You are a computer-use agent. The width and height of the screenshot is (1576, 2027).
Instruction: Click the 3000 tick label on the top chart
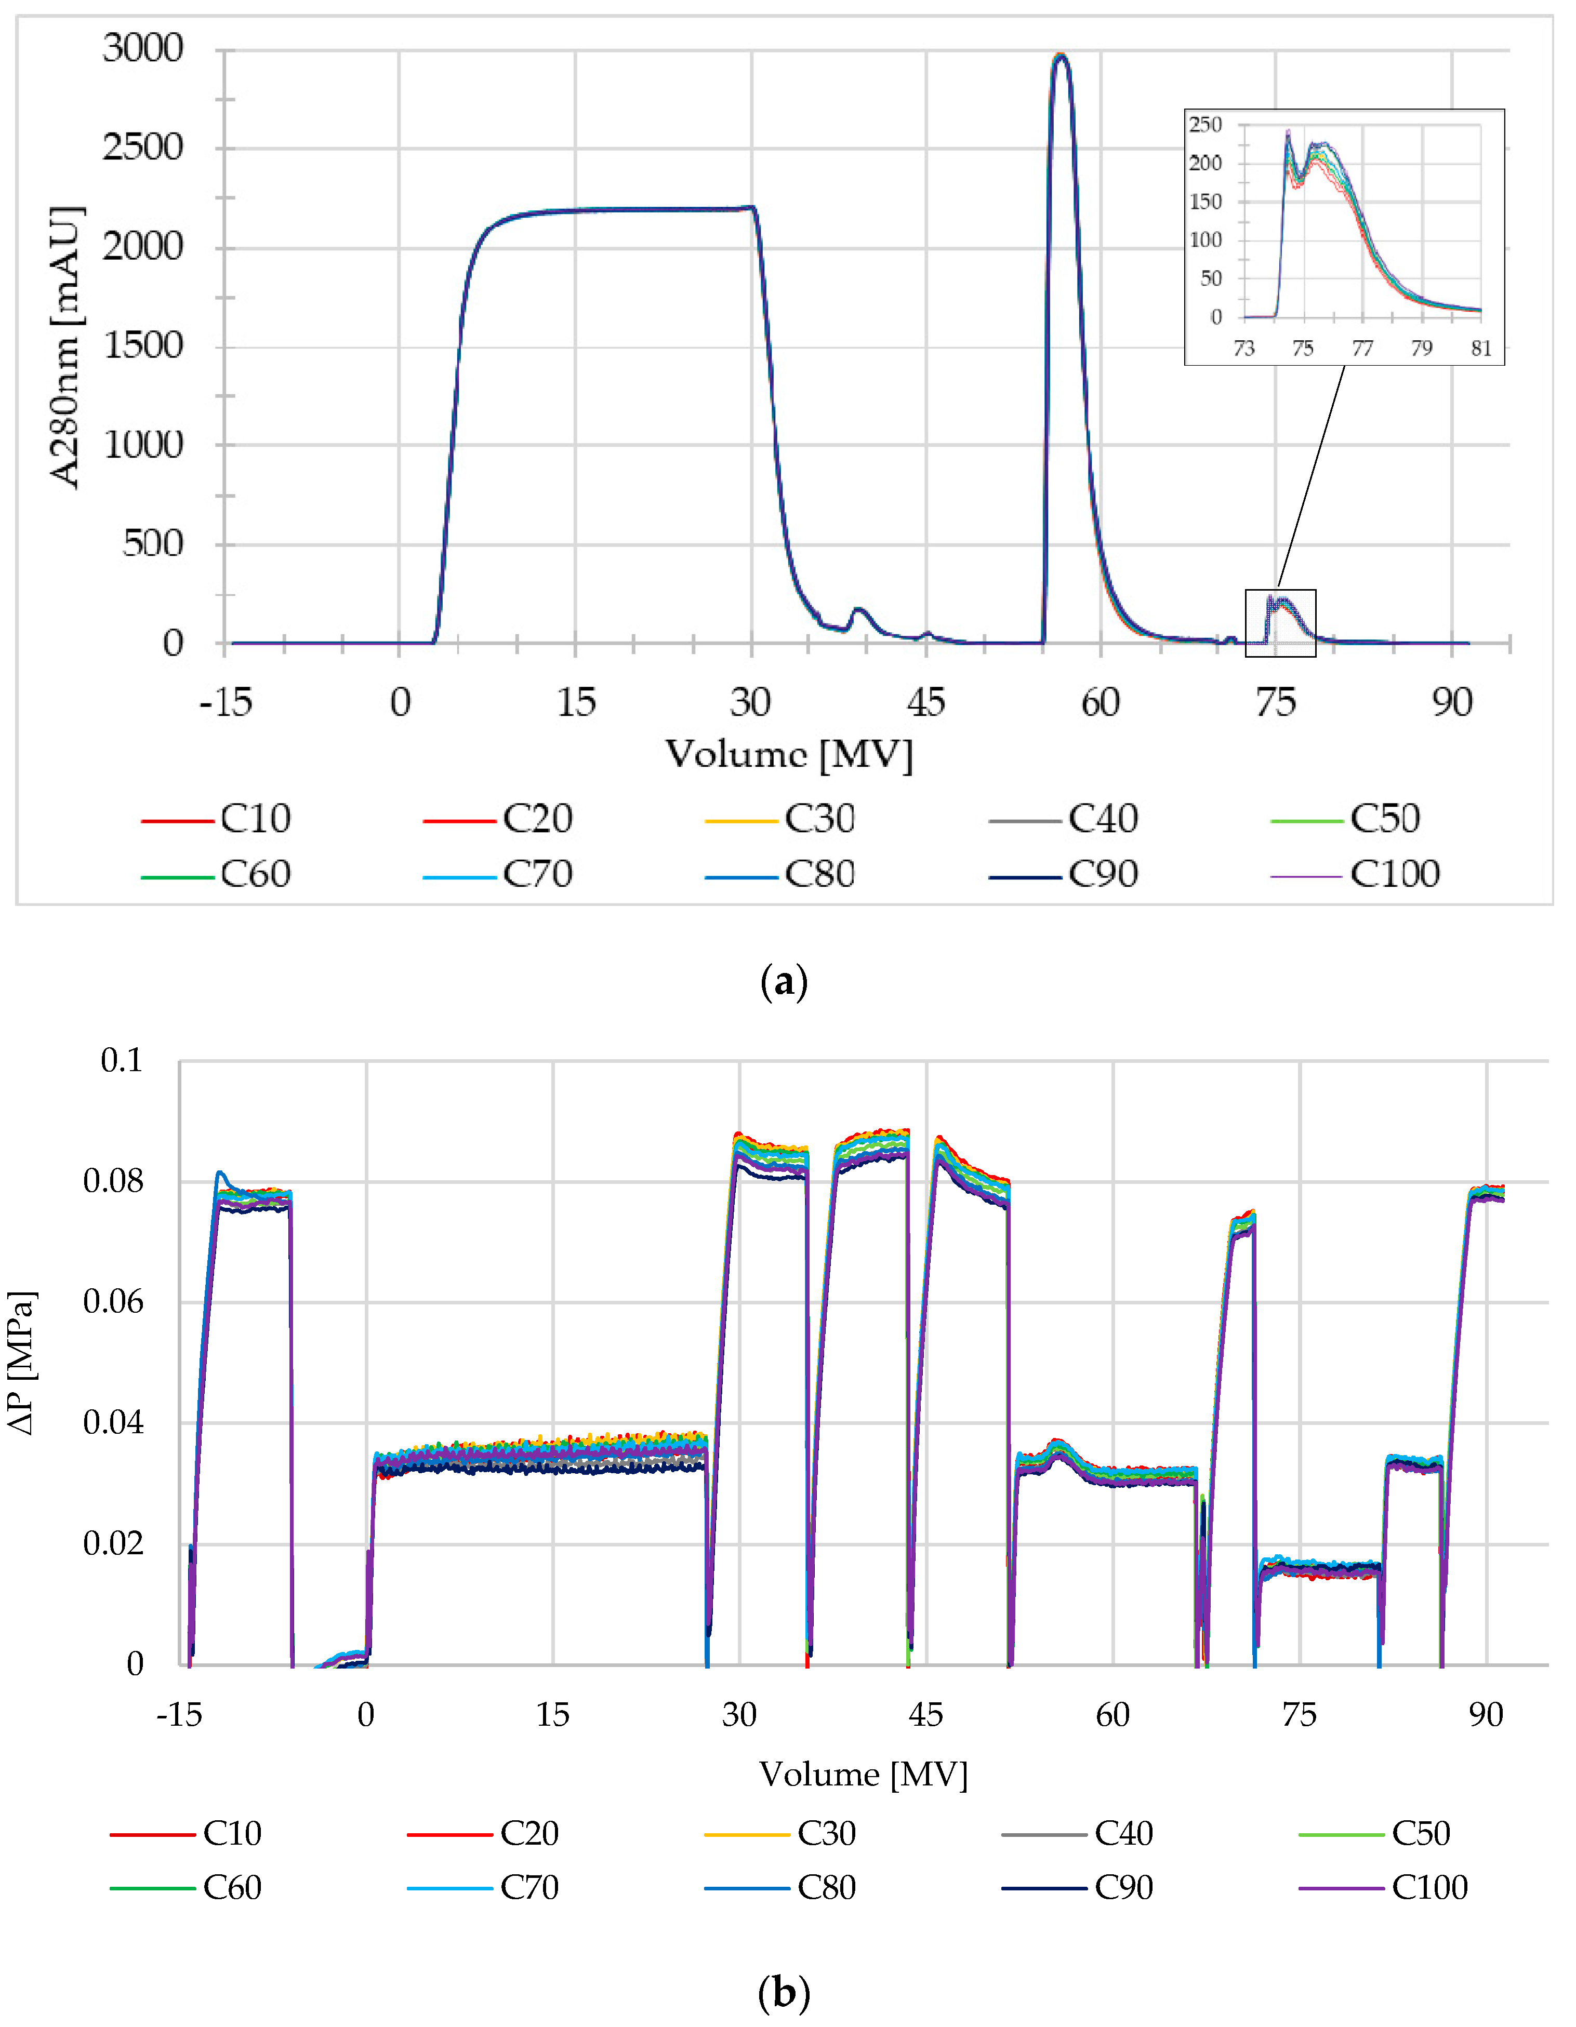[143, 48]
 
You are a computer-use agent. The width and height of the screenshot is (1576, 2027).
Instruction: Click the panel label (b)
[784, 1992]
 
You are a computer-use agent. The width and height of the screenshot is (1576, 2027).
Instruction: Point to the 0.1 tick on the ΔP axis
[122, 1060]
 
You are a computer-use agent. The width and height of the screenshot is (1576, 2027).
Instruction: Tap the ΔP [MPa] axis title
[22, 1363]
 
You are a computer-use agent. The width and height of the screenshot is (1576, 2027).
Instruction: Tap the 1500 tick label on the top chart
[143, 346]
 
